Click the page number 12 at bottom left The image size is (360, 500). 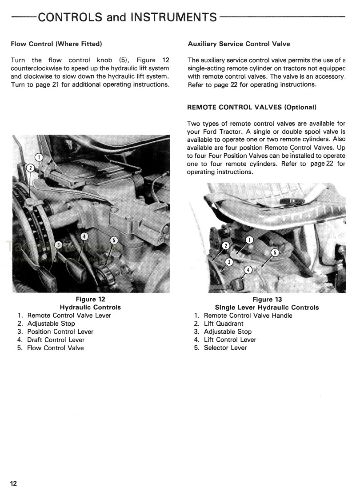13,484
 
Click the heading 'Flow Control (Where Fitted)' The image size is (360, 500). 56,44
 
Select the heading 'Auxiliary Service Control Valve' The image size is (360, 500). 239,44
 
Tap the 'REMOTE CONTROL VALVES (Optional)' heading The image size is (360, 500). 252,108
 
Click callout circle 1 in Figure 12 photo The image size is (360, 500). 39,157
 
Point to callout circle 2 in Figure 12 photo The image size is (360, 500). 30,168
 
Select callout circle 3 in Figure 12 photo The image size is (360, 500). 58,245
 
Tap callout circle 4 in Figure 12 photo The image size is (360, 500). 84,236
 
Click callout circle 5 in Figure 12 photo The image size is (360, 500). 113,240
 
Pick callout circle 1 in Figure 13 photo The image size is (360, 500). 249,240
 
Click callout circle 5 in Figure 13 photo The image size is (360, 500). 274,253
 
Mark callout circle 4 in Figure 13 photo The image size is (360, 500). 248,270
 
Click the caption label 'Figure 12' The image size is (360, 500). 90,300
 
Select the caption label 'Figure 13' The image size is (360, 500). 267,300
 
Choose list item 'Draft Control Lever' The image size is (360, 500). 56,340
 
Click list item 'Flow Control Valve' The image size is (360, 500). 55,348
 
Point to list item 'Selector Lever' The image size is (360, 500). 225,348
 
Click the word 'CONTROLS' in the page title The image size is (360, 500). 70,17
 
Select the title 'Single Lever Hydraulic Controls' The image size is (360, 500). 267,308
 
